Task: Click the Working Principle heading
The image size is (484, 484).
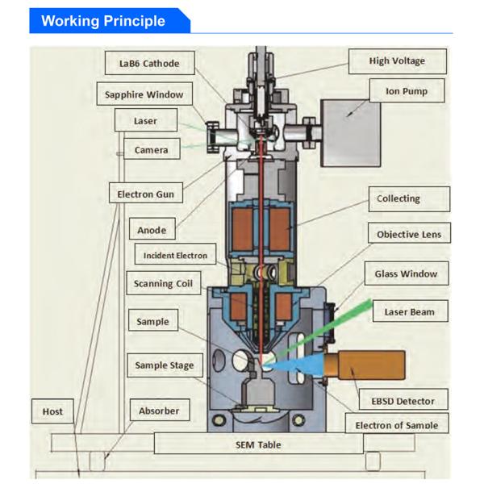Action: click(103, 20)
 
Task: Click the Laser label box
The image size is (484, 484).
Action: click(146, 122)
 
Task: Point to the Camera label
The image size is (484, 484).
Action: click(151, 150)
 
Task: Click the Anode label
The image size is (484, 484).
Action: click(152, 230)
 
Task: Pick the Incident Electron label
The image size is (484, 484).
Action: click(175, 256)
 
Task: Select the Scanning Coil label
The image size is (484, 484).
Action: click(163, 283)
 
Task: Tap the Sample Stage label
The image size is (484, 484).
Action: click(164, 365)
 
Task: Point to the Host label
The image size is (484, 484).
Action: click(52, 411)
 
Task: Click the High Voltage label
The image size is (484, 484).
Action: click(397, 60)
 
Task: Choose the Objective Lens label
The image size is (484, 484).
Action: click(409, 235)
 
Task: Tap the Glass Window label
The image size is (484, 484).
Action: click(406, 273)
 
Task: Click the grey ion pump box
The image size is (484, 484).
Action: click(351, 132)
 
